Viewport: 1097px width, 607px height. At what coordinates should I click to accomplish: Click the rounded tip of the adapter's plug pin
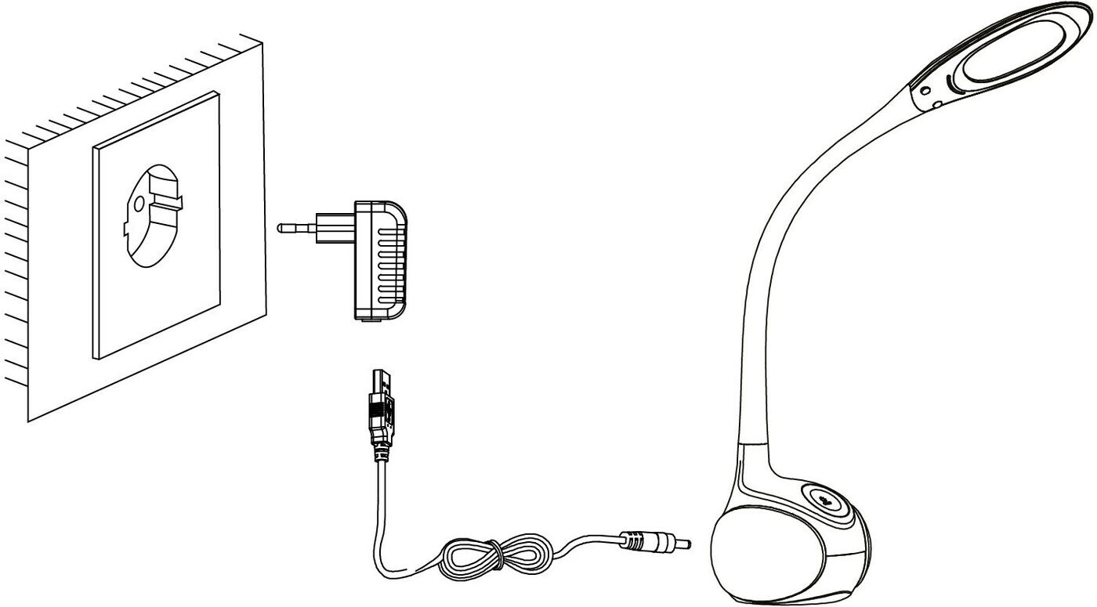point(281,228)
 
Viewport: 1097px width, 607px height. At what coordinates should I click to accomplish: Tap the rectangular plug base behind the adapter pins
point(335,228)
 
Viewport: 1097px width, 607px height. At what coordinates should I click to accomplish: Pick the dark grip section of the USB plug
point(381,423)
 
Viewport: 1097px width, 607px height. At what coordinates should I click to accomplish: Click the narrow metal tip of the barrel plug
point(683,542)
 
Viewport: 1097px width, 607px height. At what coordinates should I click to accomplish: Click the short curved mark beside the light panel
point(951,81)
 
